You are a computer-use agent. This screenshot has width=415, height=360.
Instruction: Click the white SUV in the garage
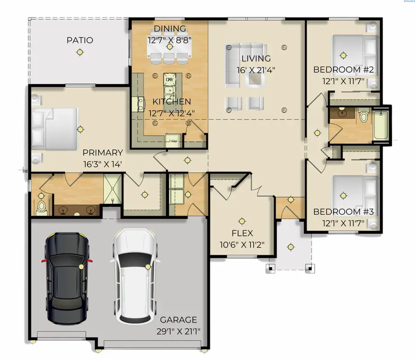pos(134,277)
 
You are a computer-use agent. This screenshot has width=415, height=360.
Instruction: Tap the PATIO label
pos(80,41)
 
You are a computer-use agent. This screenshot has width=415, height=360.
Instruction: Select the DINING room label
pos(170,29)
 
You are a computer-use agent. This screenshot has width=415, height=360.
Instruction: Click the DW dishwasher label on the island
pos(169,79)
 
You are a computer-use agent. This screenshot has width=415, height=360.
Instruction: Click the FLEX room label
pos(243,234)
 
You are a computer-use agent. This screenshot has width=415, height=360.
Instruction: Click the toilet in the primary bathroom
pos(41,208)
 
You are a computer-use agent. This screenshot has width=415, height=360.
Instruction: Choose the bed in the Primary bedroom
pos(54,129)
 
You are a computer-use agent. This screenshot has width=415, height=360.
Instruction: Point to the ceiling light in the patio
pos(80,53)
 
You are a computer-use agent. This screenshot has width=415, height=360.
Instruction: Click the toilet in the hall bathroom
pos(364,115)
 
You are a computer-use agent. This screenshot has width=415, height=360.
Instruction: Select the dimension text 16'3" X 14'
pos(102,163)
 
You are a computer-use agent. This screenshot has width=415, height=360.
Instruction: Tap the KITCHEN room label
pos(172,102)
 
